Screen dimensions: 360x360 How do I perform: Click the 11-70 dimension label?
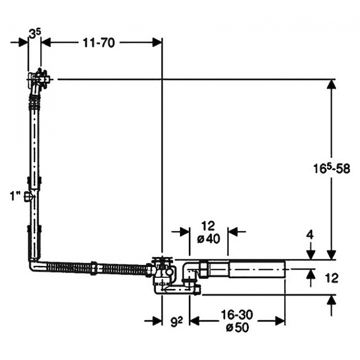pos(99,43)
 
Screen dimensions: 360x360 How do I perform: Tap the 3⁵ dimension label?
pos(35,34)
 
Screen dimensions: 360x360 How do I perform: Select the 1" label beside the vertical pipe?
pos(15,196)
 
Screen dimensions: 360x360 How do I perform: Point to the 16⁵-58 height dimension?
pos(332,169)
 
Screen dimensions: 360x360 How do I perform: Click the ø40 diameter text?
pos(209,239)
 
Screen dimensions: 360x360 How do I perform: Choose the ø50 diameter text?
pos(238,328)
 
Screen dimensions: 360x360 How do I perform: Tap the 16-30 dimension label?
pos(237,315)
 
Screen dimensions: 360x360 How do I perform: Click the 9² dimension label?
pos(176,321)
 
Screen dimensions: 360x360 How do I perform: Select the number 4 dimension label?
pos(310,236)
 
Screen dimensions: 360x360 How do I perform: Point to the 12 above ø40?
pos(208,226)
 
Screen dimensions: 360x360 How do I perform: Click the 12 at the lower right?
pos(332,278)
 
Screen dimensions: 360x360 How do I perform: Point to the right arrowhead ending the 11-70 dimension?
pos(157,43)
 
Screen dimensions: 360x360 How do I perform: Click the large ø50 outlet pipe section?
pos(257,269)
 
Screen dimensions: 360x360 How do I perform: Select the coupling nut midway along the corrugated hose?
pos(94,267)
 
